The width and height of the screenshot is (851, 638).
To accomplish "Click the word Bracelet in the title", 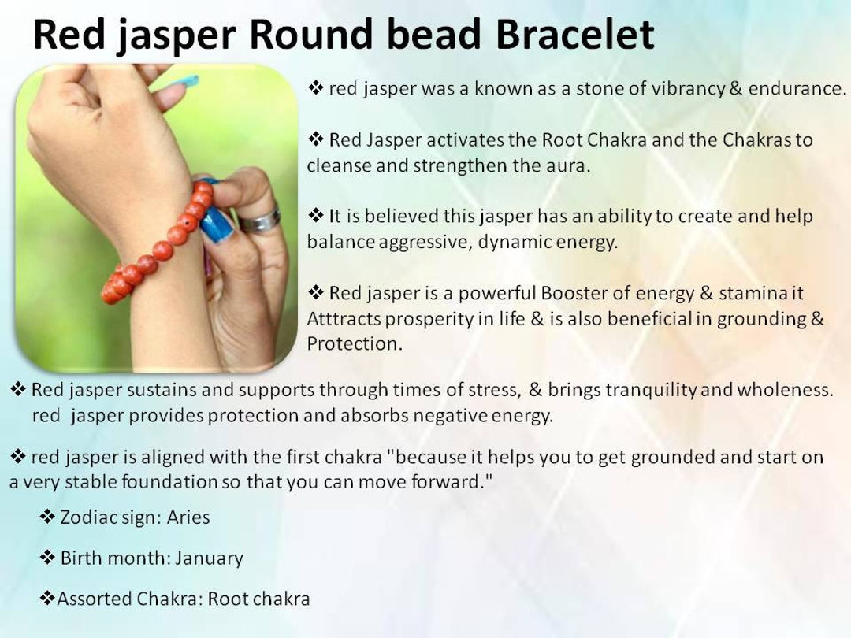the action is coord(574,34).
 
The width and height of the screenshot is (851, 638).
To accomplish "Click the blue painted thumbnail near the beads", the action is coord(217,224).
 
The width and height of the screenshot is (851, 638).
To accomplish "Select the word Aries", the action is coord(188,517).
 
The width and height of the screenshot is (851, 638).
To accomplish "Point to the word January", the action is coord(209,558).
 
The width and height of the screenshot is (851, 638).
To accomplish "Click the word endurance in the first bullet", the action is coord(797,88).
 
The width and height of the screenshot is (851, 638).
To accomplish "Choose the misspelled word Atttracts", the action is coord(344,318).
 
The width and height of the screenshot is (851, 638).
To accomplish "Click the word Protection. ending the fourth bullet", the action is coord(355,343).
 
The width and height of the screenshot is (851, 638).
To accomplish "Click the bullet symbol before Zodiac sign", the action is coord(48,517).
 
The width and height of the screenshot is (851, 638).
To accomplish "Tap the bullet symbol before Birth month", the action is coord(48,558).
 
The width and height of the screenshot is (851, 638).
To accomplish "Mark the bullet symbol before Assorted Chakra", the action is coord(48,599).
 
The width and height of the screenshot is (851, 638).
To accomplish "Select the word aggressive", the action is coord(424,242).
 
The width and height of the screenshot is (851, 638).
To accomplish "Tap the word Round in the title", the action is coord(311,34).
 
